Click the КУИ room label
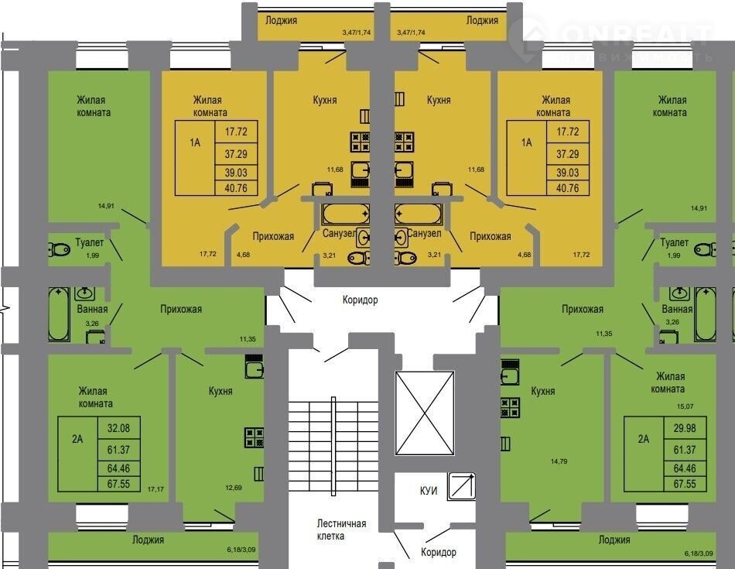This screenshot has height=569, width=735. coord(429,491)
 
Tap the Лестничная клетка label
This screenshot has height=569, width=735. coord(341,530)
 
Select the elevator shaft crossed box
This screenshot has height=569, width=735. coord(425,413)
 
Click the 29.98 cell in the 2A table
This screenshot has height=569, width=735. coord(685,428)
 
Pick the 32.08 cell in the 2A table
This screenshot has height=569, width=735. coord(118,428)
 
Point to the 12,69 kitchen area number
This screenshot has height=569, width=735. coord(234,488)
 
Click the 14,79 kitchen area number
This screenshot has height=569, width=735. coord(559,461)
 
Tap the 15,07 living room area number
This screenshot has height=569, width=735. coord(685,406)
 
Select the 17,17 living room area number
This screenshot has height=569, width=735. coord(156,488)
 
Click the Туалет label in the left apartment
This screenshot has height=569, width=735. coord(90,242)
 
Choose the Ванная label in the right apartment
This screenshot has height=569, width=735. coord(677,309)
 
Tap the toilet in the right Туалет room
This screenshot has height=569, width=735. coord(705,249)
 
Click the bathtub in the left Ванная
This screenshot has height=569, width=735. coord(60,314)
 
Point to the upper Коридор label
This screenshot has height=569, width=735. coord(360,300)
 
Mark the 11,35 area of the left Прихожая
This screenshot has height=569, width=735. coord(248,338)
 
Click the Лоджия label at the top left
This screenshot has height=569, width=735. coord(282,20)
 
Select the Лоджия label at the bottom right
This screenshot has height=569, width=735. coord(614,540)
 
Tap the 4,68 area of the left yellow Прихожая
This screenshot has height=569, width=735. coord(243,255)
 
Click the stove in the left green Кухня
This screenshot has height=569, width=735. coord(254,437)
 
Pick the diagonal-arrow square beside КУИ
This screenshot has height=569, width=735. coord(462,486)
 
